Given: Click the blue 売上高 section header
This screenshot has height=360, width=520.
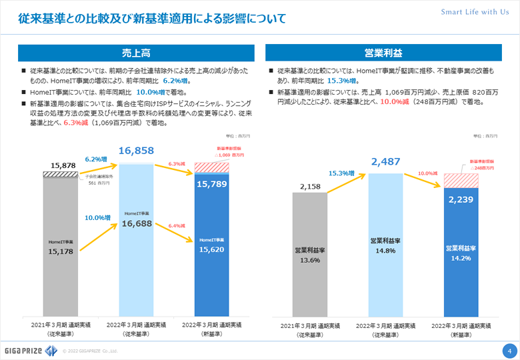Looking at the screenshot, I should coord(136,53).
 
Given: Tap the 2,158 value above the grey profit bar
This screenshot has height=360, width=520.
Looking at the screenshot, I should coord(310,186).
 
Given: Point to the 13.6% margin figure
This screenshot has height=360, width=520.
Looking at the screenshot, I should coord(310,261).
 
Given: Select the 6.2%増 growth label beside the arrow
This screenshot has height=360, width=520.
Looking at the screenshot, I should coord(97,159).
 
